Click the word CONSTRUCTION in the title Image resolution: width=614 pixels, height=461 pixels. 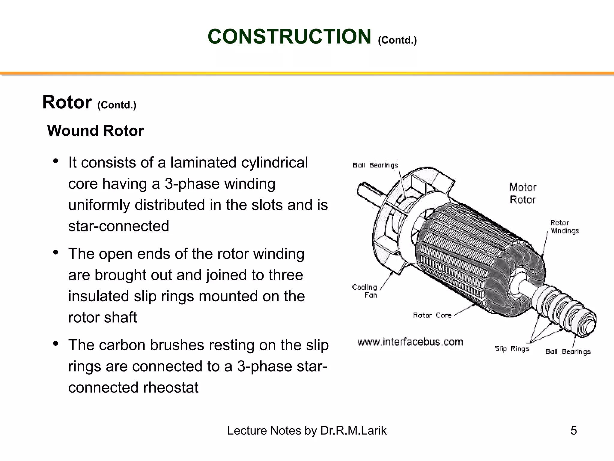(289, 37)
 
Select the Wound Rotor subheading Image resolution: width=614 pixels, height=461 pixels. (95, 131)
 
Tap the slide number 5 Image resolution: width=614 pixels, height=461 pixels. (573, 431)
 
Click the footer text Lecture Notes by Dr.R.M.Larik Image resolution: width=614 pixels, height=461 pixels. (307, 431)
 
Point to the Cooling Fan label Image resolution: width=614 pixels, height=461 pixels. (365, 291)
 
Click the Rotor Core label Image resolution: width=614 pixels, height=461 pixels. (432, 315)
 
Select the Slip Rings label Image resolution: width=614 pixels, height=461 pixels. (512, 348)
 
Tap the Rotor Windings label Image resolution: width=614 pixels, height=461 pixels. (564, 227)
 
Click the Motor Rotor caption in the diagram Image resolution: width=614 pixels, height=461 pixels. (523, 194)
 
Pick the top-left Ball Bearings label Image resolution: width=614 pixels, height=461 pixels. (375, 165)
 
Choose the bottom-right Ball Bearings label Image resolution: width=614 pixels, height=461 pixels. (568, 351)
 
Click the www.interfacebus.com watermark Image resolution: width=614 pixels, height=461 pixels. (410, 342)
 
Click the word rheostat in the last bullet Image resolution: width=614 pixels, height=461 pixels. (171, 387)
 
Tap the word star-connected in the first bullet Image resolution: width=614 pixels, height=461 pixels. (119, 226)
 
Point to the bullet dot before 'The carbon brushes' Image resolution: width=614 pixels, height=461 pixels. (55, 344)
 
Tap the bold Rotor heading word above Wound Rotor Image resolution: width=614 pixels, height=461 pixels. (67, 102)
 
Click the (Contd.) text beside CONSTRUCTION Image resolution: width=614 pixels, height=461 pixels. (397, 40)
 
